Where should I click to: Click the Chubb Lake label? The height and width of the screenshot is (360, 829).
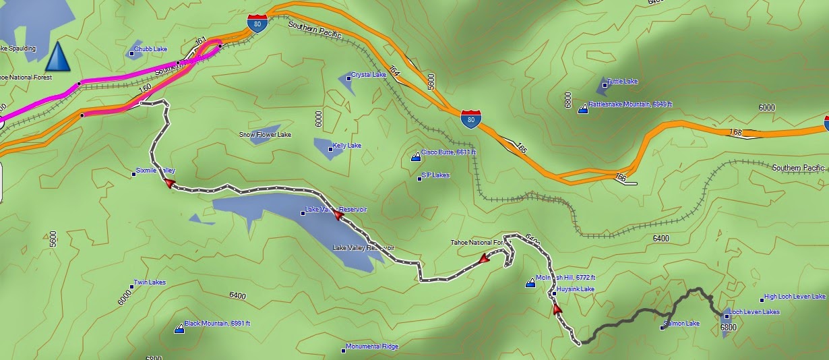pos(150,50)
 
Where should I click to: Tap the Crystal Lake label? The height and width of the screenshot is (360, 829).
pos(368,75)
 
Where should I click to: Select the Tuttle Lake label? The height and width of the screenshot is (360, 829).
pos(622,82)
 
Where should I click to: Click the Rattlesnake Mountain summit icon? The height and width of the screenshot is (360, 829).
pos(582,109)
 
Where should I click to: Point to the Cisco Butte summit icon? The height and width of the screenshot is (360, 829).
pos(416,157)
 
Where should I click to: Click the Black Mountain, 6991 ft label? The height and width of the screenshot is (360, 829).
pos(217,324)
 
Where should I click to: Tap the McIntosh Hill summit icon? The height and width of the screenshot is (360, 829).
pos(530,283)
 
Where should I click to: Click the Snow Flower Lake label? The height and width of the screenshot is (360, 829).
pos(265,135)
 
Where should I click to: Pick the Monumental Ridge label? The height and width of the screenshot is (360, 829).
pos(371,347)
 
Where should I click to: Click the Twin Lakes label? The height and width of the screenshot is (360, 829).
pos(150,282)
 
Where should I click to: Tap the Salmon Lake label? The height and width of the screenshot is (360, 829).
pos(681,324)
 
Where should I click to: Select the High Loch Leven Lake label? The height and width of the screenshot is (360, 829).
pos(794,297)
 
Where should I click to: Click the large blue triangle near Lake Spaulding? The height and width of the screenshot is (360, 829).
pos(58,57)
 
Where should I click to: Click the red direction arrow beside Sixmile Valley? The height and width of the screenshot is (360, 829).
pos(170,183)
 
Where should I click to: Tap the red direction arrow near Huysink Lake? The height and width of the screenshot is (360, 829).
pos(557,309)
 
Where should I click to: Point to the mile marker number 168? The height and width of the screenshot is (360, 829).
pos(736,132)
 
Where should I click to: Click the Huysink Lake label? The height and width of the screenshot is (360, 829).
pos(575,289)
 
